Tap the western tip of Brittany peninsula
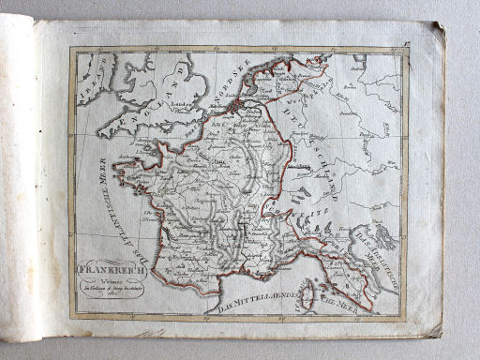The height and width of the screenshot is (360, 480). click(x=116, y=169)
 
